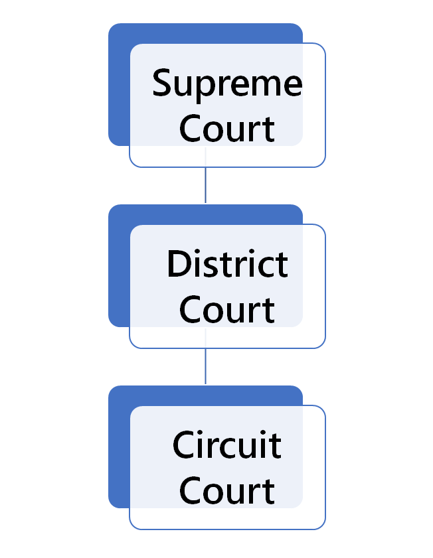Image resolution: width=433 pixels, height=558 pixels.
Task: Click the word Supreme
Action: [x=227, y=84]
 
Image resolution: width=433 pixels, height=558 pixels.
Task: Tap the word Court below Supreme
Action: [x=227, y=129]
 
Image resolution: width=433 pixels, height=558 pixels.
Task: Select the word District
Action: [x=227, y=264]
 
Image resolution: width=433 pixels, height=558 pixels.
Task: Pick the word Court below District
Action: [x=227, y=310]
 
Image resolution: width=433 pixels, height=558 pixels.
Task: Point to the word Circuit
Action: [x=227, y=445]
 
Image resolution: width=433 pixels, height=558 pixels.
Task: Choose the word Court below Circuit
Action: [x=227, y=491]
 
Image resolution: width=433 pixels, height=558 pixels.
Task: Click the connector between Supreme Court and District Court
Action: [x=205, y=185]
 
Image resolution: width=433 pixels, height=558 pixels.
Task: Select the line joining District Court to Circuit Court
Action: [x=205, y=366]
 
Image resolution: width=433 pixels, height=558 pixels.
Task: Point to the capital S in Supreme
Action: [x=163, y=84]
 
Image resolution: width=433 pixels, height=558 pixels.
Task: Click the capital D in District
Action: [x=177, y=264]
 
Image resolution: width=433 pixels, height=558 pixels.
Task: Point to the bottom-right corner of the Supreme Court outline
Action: [x=323, y=165]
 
